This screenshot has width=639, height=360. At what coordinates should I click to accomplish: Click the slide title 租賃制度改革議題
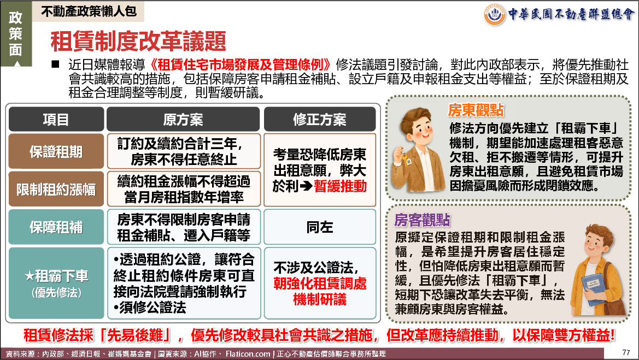click(x=138, y=41)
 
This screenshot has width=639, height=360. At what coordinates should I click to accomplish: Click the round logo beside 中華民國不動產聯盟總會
click(x=494, y=14)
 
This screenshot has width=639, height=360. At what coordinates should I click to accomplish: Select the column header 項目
click(x=56, y=119)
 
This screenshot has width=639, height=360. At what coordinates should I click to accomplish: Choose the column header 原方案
click(x=183, y=119)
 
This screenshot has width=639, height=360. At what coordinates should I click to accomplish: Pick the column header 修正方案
click(x=319, y=119)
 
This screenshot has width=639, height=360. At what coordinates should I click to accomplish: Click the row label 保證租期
click(x=56, y=151)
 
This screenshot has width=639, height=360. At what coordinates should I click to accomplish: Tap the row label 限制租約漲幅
click(x=56, y=190)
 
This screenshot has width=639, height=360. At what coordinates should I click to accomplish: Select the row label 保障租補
click(x=56, y=227)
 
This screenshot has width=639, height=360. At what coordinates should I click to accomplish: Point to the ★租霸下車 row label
click(x=56, y=282)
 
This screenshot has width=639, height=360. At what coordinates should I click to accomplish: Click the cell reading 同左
click(x=319, y=227)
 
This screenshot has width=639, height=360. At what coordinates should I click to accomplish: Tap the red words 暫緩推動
click(x=341, y=186)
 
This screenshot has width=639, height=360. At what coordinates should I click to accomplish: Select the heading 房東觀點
click(x=476, y=110)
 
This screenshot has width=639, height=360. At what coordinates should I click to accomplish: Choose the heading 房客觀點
click(x=422, y=220)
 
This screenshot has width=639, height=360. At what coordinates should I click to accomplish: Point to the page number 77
click(x=626, y=352)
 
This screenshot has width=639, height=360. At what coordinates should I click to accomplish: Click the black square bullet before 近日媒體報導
click(x=55, y=64)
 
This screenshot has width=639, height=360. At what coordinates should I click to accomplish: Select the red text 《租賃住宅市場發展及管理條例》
click(x=240, y=64)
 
